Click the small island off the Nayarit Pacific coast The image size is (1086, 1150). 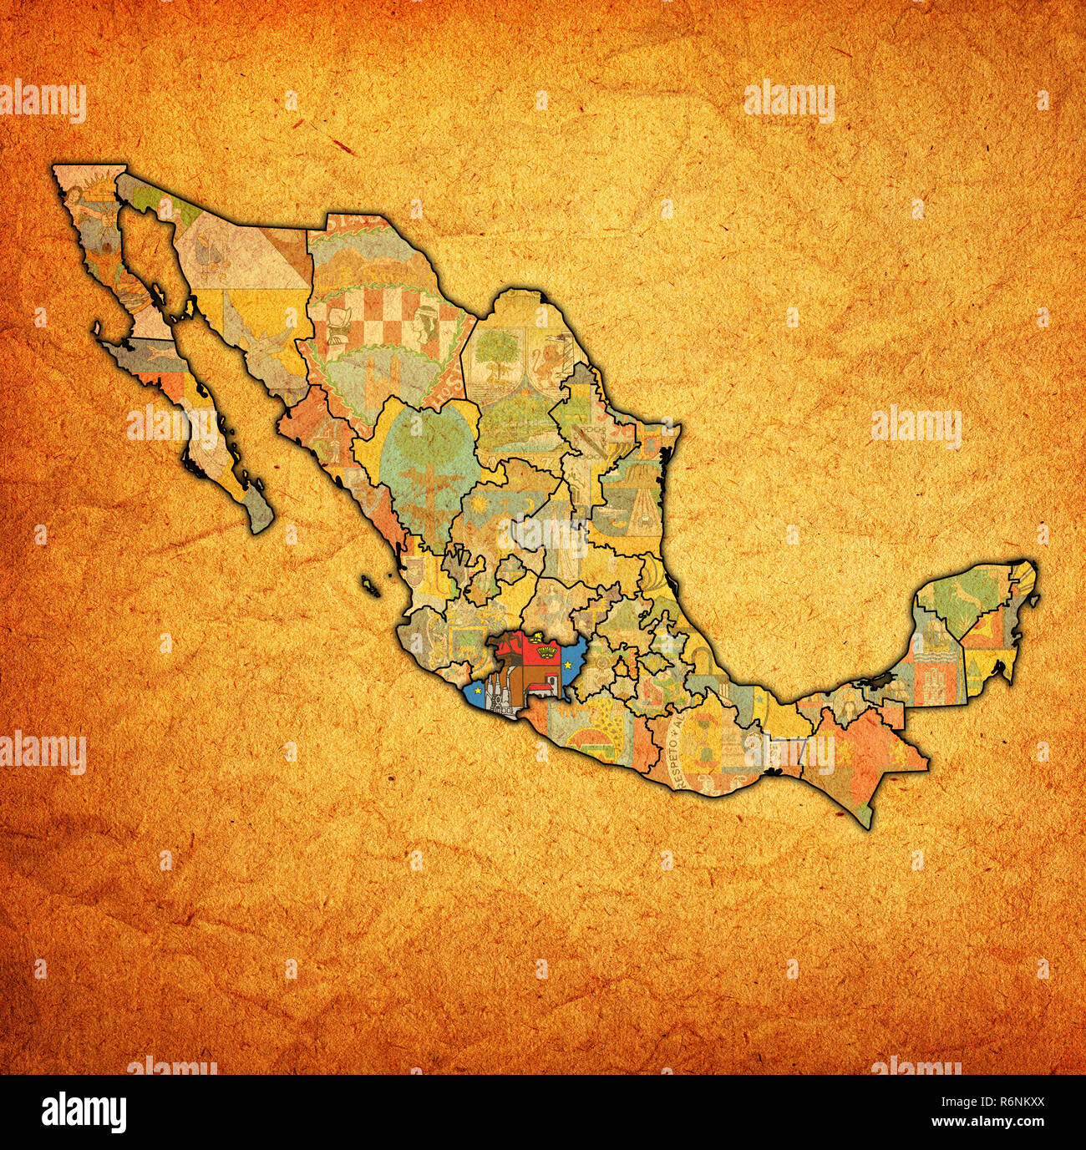(x=370, y=585)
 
